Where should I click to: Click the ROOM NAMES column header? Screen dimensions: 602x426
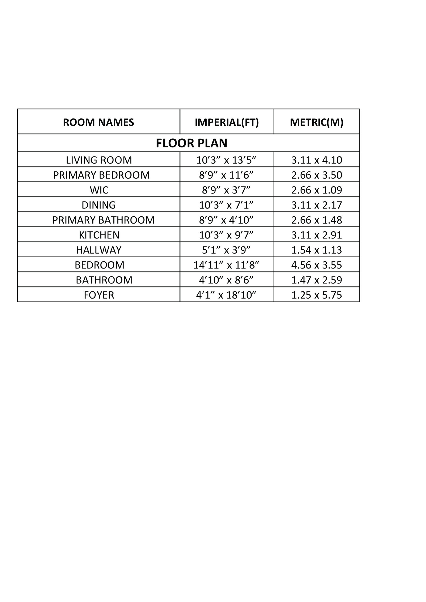coord(99,122)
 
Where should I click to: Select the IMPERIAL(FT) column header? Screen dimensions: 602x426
coord(227,122)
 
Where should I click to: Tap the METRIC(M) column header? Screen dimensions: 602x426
coord(316,122)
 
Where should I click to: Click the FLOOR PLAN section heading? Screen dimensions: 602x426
coord(191,143)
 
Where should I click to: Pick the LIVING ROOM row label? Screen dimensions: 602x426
coord(99,160)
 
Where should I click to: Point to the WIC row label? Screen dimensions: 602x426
coord(99,190)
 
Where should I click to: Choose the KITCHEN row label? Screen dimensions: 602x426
coord(99,235)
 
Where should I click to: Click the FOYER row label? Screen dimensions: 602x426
coord(99,295)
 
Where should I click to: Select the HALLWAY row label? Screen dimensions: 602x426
coord(99,250)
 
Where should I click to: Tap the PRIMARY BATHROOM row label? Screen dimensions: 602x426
coord(103,220)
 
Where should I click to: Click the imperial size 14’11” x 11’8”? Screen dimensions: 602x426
coord(226,265)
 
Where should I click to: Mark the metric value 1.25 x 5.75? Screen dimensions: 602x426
coord(316,295)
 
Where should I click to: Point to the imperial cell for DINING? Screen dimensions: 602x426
coord(226,205)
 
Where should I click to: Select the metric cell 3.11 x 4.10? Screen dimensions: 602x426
coord(316,160)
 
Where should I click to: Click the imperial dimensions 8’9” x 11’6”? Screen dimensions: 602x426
coord(226,175)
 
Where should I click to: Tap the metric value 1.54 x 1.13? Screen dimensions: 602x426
coord(316,250)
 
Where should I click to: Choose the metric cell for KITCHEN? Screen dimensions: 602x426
coord(316,235)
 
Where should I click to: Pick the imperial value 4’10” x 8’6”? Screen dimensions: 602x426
coord(226,280)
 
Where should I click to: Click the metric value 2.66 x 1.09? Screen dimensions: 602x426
coord(316,190)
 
